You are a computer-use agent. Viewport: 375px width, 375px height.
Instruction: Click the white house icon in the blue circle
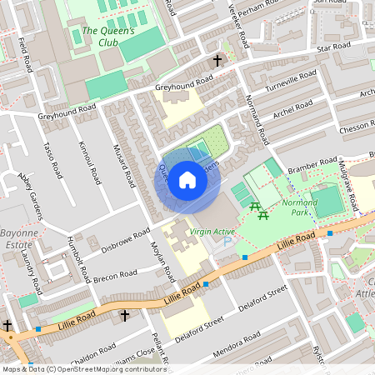coord(187,180)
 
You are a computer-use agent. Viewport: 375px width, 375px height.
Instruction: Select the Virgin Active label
coord(212,232)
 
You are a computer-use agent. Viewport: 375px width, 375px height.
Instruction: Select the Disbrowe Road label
coord(125,235)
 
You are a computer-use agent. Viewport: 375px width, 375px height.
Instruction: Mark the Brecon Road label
coord(114,275)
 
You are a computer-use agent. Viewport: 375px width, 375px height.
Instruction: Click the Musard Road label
coord(125,163)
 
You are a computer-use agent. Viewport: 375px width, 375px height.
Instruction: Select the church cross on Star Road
coord(218,61)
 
